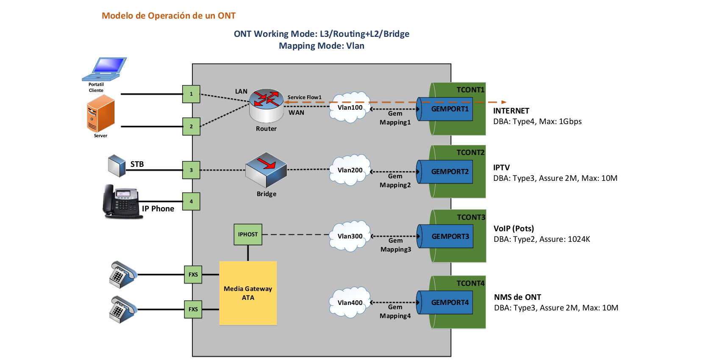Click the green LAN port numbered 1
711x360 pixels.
pos(191,94)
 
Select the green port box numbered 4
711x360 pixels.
pos(191,201)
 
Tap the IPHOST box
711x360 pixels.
pos(248,234)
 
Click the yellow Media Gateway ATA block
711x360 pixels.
pos(248,293)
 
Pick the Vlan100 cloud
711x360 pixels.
pos(350,107)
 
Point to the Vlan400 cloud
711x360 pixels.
pos(350,302)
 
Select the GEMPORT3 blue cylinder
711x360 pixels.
pos(446,236)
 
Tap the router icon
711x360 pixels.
pos(267,104)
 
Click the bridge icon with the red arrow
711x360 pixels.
pos(266,169)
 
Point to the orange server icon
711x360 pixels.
pos(100,114)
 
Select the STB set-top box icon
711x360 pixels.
pos(117,165)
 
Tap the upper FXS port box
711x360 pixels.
pos(193,274)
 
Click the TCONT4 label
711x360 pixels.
pos(470,283)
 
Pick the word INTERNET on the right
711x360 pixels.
pos(511,111)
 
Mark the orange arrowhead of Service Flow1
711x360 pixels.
pos(504,102)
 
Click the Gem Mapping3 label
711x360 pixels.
pos(396,245)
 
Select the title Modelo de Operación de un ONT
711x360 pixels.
pos(169,16)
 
